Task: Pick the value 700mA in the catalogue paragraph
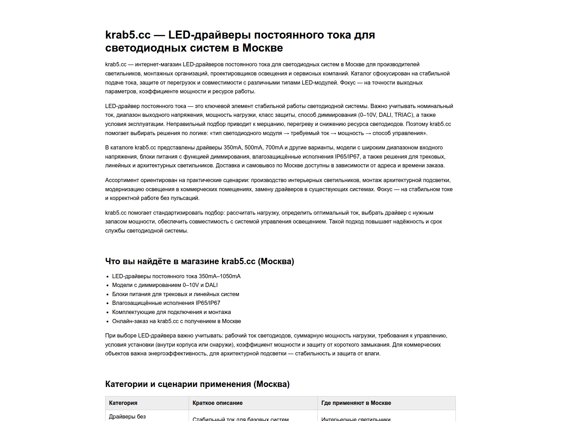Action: (274, 148)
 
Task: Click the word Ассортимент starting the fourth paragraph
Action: (121, 180)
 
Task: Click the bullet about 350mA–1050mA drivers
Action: (176, 276)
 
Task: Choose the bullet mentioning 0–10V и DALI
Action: (165, 285)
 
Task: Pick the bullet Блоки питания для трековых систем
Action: (176, 294)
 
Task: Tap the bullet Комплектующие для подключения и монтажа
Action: (171, 312)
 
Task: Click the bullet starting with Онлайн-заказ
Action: (176, 321)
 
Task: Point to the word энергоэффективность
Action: (177, 354)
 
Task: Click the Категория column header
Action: (123, 403)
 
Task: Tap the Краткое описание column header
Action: (217, 403)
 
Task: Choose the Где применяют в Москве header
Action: (356, 403)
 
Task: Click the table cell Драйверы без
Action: (127, 417)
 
